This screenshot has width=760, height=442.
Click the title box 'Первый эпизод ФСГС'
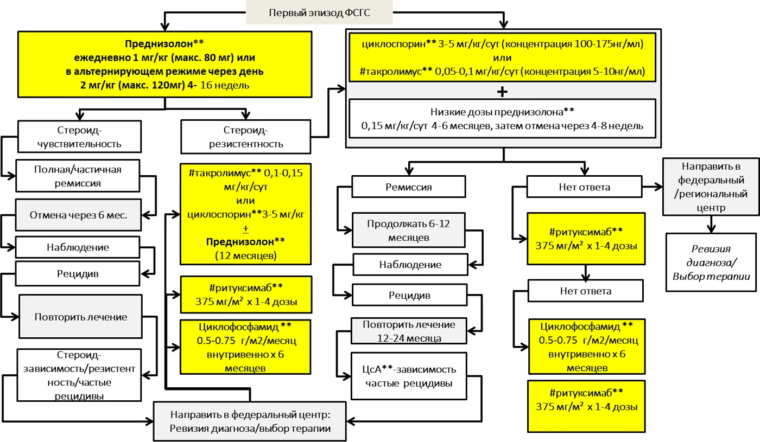click(x=319, y=12)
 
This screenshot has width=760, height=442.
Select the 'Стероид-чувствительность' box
click(x=79, y=137)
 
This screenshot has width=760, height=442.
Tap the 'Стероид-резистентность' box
click(x=245, y=137)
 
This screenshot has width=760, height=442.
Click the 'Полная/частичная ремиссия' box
click(x=78, y=176)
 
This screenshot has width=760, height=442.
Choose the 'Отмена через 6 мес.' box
click(x=78, y=215)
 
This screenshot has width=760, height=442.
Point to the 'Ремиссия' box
click(x=408, y=187)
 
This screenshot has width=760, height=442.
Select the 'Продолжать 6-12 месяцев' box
click(x=408, y=230)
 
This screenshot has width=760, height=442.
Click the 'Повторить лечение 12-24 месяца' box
click(x=409, y=331)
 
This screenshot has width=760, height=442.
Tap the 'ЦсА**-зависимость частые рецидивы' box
click(x=409, y=376)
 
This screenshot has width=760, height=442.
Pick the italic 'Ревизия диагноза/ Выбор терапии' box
click(x=711, y=262)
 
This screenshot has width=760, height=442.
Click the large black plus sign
click(x=502, y=92)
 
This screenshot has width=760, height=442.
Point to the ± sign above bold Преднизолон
click(x=245, y=229)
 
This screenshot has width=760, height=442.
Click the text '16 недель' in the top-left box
click(x=225, y=85)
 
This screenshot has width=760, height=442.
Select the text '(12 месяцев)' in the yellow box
click(x=245, y=255)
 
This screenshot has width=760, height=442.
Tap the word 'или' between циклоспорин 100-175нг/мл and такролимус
click(x=502, y=58)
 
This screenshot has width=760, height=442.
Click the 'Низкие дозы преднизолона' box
click(x=502, y=119)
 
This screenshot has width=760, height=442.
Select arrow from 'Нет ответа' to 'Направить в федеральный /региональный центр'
click(x=653, y=187)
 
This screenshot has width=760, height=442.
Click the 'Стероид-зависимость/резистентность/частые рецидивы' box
click(x=79, y=375)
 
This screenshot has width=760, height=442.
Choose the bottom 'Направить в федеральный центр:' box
click(x=250, y=421)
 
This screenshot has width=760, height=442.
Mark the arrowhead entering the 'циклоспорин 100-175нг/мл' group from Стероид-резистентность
click(x=341, y=89)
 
